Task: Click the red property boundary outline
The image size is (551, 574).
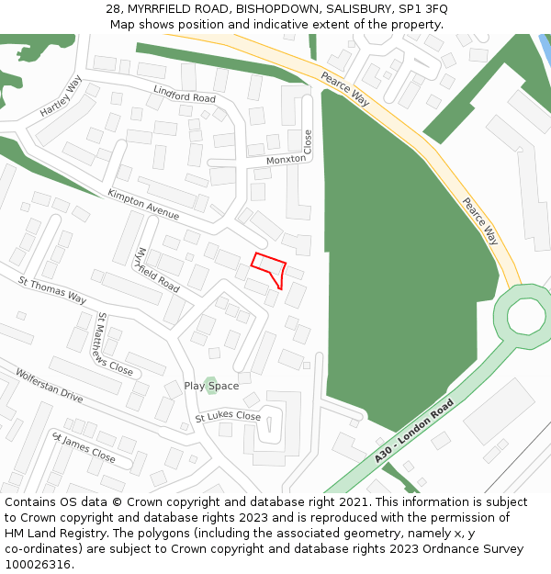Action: (269, 269)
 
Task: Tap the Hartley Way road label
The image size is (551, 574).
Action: (62, 96)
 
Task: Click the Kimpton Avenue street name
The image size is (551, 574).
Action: (143, 205)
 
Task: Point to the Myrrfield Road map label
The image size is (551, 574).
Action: (157, 269)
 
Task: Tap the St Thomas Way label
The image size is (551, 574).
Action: (52, 291)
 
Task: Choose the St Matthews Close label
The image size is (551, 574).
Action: (115, 344)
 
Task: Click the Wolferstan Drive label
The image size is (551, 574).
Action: (49, 386)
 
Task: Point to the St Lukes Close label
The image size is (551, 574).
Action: (228, 417)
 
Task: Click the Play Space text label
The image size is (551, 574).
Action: (211, 387)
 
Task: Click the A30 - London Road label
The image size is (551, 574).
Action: (414, 432)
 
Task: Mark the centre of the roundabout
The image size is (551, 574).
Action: (526, 317)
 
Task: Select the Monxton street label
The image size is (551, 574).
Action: (286, 160)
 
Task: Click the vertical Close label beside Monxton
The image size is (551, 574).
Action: (309, 141)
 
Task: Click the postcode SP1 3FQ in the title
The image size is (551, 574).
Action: (422, 8)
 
